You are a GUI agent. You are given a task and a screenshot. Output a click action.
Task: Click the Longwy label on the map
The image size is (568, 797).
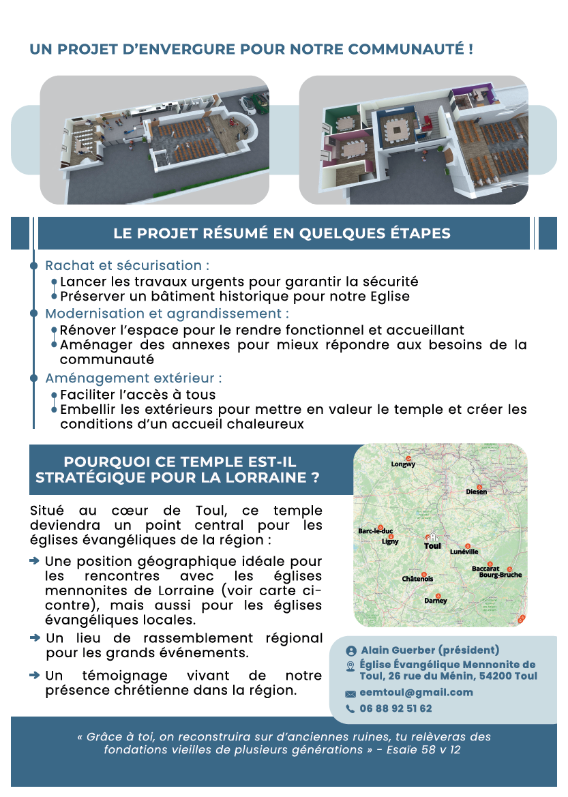click(x=403, y=464)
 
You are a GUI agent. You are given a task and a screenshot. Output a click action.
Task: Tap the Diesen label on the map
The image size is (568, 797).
click(x=476, y=492)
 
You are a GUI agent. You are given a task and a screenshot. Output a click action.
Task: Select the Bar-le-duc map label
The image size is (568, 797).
click(x=375, y=531)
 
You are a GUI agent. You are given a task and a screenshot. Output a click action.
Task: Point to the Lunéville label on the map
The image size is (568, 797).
click(x=464, y=552)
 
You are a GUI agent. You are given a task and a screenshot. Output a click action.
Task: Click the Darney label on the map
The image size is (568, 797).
click(x=436, y=601)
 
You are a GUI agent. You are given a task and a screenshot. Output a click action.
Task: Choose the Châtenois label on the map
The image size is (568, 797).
click(x=417, y=579)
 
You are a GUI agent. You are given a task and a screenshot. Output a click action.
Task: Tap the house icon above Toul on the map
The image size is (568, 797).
click(x=432, y=537)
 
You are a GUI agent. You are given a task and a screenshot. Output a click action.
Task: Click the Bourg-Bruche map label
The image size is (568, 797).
click(x=500, y=575)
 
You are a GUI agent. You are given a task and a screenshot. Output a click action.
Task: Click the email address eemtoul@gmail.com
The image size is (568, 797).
click(x=416, y=692)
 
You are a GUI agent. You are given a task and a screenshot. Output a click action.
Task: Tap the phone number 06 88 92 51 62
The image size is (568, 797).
click(x=395, y=708)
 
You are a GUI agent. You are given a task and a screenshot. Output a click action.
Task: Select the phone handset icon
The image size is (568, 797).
click(x=350, y=709)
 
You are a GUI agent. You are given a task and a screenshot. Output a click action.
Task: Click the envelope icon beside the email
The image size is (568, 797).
click(x=350, y=693)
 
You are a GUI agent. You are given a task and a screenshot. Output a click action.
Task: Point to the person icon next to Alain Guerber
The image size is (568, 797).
click(x=351, y=650)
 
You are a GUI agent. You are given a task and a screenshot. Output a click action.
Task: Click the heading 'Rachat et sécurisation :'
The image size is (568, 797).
click(x=127, y=265)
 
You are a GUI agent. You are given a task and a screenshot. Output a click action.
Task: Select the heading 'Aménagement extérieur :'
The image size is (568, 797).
click(x=133, y=378)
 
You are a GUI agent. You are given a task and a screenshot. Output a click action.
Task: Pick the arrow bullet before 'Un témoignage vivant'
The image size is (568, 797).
click(x=35, y=675)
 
